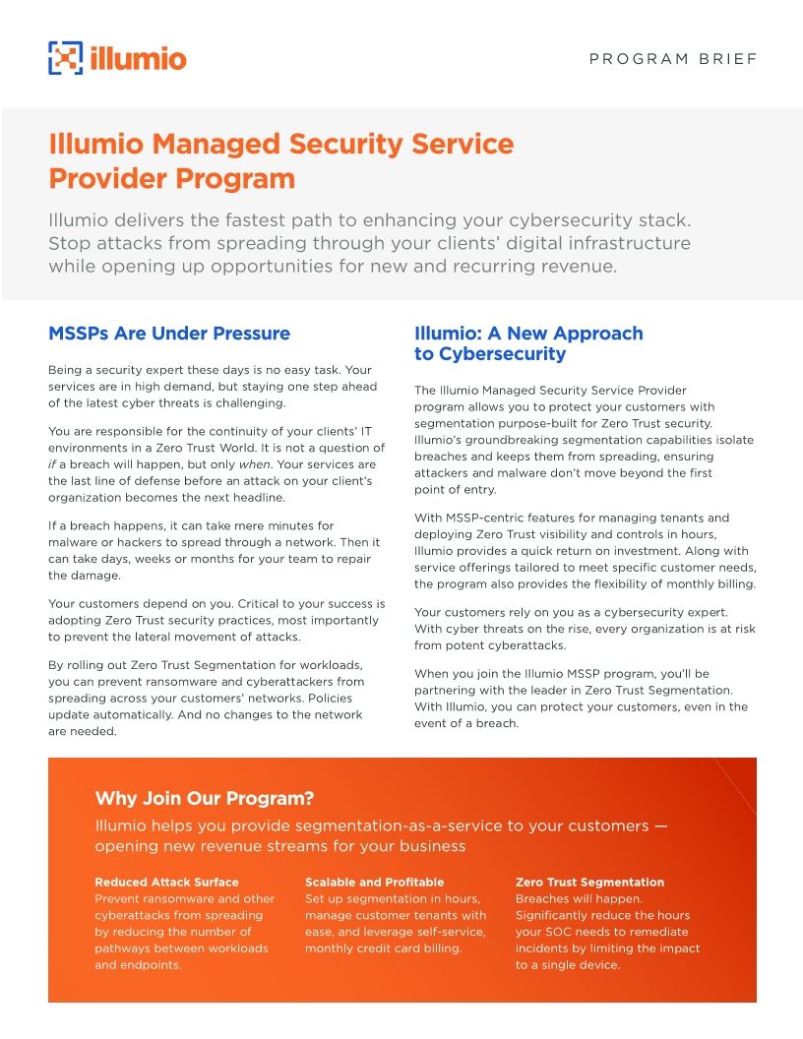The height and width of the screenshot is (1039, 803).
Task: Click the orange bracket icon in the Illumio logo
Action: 65,58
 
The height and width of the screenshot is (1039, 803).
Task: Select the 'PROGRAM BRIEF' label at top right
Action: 673,59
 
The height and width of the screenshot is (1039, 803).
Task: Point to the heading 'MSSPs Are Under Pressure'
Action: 169,334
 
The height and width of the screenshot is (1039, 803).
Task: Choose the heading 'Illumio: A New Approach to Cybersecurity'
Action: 528,343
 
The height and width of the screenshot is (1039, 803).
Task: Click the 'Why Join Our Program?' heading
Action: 204,798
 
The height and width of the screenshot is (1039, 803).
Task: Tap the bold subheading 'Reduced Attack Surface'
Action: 166,883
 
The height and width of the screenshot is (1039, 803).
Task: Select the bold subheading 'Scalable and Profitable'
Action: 374,883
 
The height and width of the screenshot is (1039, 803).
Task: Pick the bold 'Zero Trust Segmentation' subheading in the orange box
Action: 589,883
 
